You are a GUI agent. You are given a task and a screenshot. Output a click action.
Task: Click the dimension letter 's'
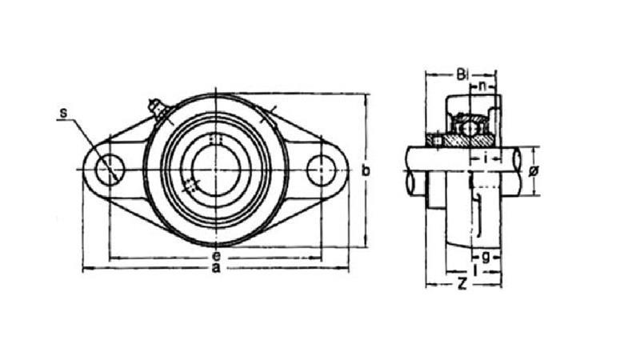pyautogui.click(x=62, y=114)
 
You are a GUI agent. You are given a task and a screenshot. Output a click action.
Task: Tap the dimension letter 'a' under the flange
pyautogui.click(x=215, y=270)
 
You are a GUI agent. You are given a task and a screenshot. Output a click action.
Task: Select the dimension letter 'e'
pyautogui.click(x=215, y=256)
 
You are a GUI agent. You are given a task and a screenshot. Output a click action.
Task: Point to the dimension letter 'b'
pyautogui.click(x=366, y=170)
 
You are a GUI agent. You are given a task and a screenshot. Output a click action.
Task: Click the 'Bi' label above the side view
pyautogui.click(x=462, y=75)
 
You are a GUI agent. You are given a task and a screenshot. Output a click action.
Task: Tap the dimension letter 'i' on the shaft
pyautogui.click(x=486, y=158)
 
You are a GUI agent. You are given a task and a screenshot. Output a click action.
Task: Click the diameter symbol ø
pyautogui.click(x=534, y=170)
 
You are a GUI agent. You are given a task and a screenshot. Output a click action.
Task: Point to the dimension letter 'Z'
pyautogui.click(x=462, y=283)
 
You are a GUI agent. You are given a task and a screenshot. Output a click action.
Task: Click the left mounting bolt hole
pyautogui.click(x=110, y=170)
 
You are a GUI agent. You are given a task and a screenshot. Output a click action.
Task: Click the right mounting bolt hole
pyautogui.click(x=321, y=170)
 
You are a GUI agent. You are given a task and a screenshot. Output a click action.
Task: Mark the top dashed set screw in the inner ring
pyautogui.click(x=214, y=140)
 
